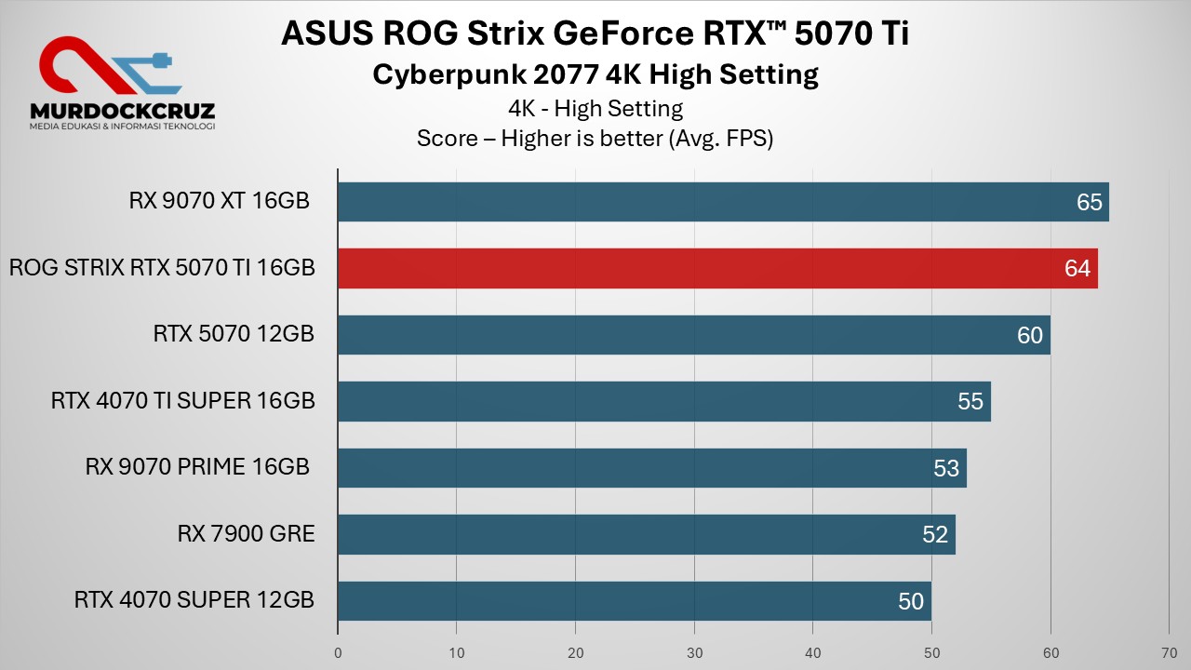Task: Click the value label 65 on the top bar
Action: (x=1089, y=203)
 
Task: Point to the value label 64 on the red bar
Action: (x=1077, y=269)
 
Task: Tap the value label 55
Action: (x=970, y=402)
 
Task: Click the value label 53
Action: (x=946, y=469)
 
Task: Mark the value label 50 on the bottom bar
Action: (x=911, y=602)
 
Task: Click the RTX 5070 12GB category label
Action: (x=234, y=334)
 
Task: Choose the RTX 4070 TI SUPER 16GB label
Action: (x=183, y=401)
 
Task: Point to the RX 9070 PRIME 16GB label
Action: (x=197, y=467)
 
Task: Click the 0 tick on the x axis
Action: (x=338, y=652)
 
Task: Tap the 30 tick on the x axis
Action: (x=694, y=652)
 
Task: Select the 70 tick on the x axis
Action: (x=1170, y=652)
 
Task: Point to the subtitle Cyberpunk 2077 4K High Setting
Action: (x=595, y=74)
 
